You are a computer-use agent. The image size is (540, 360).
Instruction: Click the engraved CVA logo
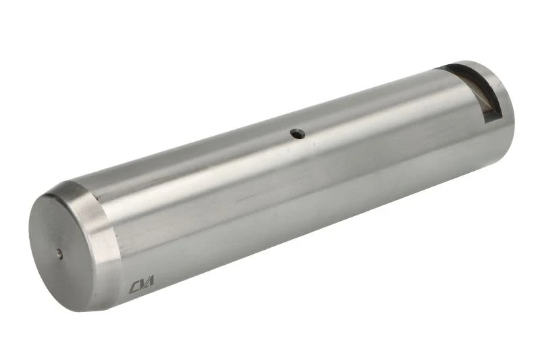[x=142, y=284]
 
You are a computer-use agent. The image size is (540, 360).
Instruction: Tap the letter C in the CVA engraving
[x=134, y=287]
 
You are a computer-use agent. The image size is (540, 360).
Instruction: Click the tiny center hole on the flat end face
[x=60, y=255]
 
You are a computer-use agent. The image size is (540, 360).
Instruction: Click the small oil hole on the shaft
[x=298, y=134]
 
